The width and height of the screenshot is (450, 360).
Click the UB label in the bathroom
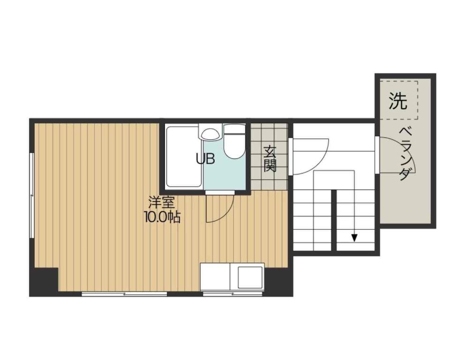point(205,158)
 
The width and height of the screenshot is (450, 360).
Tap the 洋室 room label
point(161,203)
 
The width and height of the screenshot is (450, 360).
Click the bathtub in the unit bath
point(184,157)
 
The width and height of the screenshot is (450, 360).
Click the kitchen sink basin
point(250,278)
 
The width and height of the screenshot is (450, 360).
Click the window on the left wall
point(32,195)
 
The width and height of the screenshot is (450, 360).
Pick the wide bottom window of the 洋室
point(124,294)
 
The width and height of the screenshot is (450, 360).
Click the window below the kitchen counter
point(232,294)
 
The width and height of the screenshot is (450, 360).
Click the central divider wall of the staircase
point(334,220)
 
